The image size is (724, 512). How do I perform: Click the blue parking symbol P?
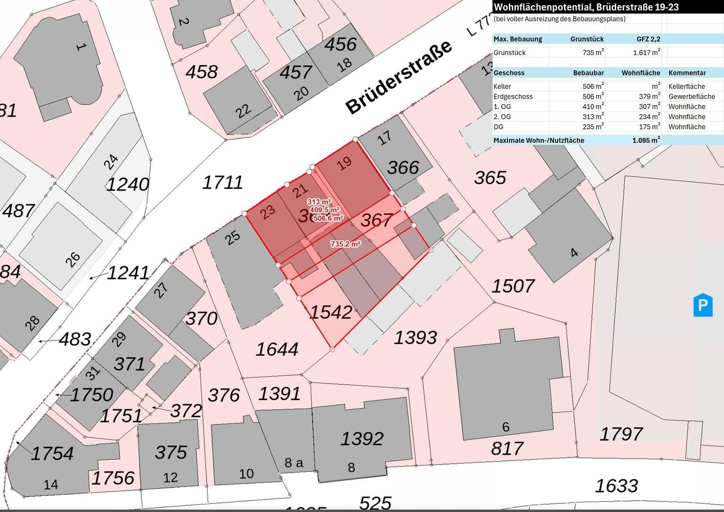coord(703,306)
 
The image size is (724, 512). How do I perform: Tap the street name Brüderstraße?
coord(398,77)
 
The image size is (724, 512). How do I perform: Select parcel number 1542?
coord(331,312)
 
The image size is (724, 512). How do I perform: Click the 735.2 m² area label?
coord(345,244)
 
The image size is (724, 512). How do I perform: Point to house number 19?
coord(344,163)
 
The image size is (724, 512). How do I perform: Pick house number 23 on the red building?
coord(268,211)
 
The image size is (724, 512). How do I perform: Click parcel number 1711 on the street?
coord(222,183)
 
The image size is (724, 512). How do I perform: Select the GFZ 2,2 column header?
coord(648,39)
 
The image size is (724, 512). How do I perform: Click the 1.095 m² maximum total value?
coord(645,140)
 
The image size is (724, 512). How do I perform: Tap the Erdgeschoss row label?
coord(513,97)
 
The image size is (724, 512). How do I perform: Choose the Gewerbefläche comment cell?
coord(691,97)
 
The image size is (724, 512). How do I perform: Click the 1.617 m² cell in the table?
coord(646,53)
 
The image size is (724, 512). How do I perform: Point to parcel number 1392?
coord(362,439)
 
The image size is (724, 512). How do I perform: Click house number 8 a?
coord(294,463)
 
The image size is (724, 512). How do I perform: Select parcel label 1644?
coord(277,349)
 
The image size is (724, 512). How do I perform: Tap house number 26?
coord(72,259)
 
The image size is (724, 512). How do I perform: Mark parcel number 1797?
coord(621,434)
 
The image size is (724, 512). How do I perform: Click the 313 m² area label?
coord(319,202)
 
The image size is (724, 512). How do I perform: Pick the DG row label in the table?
coord(498,127)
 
